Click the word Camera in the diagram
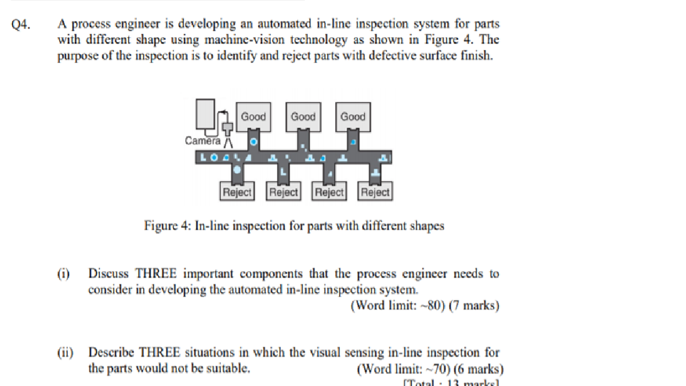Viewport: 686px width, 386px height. [x=202, y=141]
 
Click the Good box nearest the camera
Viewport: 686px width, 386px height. [x=253, y=117]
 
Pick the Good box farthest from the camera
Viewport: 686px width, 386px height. [x=353, y=117]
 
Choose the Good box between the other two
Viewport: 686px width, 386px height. [x=303, y=117]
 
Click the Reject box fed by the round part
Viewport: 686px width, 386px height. [x=237, y=192]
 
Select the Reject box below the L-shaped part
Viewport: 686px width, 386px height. [x=283, y=192]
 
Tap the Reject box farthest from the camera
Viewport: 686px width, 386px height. [x=375, y=192]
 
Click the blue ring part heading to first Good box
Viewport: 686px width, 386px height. [x=254, y=142]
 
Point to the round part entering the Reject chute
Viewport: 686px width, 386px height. [x=237, y=170]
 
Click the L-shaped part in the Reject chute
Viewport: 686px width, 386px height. [x=283, y=172]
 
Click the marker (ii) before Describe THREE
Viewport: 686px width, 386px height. [x=65, y=353]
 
